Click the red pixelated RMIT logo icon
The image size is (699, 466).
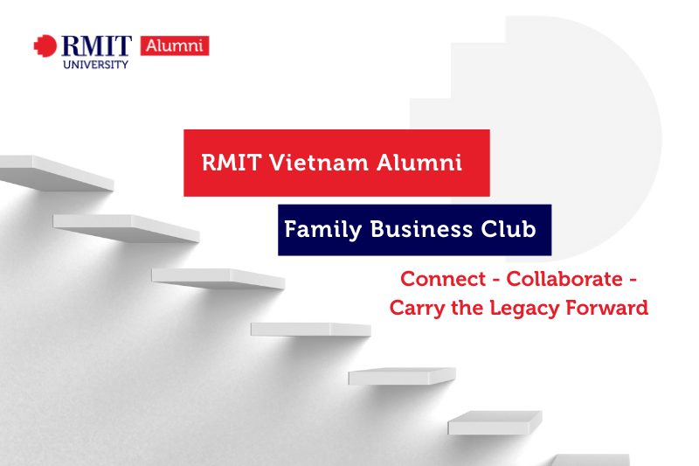(x=45, y=46)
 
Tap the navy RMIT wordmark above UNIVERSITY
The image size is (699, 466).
(x=97, y=46)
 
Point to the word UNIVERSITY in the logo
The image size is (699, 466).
(x=96, y=65)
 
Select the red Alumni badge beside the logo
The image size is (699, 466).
(x=175, y=46)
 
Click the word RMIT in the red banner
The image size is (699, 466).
(x=231, y=163)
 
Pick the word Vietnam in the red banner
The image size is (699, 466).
(x=319, y=163)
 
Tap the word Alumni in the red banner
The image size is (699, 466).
(x=419, y=163)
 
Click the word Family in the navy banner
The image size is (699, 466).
(x=322, y=230)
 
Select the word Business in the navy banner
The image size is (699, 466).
(x=421, y=229)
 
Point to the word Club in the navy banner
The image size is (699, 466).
(x=509, y=229)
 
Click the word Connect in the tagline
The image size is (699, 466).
(x=443, y=279)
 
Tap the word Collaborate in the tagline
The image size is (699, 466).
(x=564, y=279)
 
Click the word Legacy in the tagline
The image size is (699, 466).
(x=524, y=309)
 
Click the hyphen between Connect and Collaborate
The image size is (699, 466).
(x=495, y=281)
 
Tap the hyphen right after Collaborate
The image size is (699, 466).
(x=633, y=281)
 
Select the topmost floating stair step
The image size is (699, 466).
(x=57, y=173)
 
